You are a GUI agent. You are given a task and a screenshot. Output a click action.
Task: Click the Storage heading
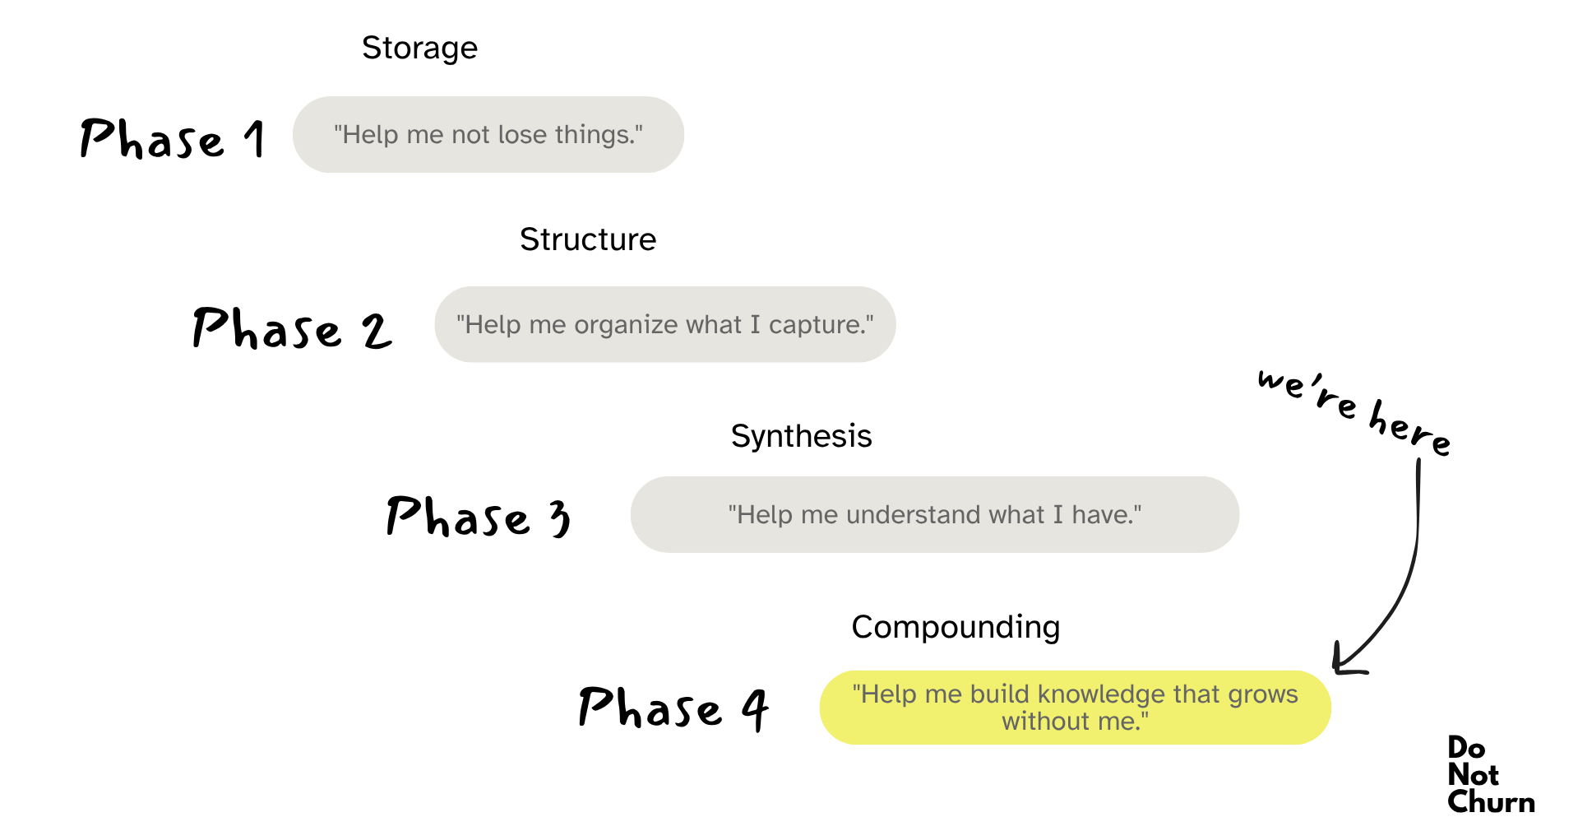[x=419, y=49]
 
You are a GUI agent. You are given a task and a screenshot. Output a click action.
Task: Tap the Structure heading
[x=588, y=239]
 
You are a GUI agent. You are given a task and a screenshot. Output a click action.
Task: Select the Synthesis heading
[x=801, y=436]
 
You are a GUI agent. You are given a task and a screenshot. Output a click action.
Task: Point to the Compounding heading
[x=956, y=627]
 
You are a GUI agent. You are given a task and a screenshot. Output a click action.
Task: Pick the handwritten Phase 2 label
[x=292, y=328]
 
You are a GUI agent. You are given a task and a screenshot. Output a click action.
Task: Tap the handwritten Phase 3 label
[x=478, y=517]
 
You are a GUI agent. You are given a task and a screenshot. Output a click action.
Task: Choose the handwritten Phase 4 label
[x=673, y=708]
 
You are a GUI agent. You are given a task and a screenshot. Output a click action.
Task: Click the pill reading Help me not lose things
[x=488, y=134]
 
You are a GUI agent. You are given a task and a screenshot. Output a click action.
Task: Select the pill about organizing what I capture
[x=664, y=324]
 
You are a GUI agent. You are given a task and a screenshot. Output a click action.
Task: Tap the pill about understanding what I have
[x=934, y=514]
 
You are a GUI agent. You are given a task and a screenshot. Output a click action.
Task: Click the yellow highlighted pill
[x=1075, y=708]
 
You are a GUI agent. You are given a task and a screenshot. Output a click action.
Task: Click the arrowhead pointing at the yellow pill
[x=1342, y=663]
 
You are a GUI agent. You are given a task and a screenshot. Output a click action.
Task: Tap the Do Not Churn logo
[x=1490, y=774]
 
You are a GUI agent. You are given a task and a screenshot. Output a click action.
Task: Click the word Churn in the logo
[x=1491, y=801]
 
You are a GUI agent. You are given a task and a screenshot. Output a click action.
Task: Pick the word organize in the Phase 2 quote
[x=627, y=325]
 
